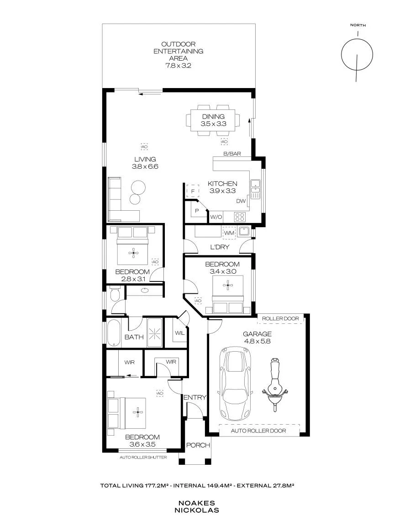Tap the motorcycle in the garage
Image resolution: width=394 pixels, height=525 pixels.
[275, 385]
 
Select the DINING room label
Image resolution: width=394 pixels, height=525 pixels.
[213, 116]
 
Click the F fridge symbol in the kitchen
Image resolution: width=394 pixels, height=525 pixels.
[193, 192]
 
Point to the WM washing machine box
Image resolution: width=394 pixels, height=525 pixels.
[229, 233]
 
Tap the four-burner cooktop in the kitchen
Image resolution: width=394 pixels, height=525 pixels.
[240, 217]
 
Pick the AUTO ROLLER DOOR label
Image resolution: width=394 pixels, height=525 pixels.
[258, 431]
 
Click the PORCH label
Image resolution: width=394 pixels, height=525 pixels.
[198, 445]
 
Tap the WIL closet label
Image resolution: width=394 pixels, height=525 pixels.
[179, 333]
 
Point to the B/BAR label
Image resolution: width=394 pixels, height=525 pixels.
[232, 154]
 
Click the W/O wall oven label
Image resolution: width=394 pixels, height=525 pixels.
[216, 217]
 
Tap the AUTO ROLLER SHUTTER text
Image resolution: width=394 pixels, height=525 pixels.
[143, 457]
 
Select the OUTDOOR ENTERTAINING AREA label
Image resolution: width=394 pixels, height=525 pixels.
[178, 51]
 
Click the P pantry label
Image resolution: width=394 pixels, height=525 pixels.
[197, 211]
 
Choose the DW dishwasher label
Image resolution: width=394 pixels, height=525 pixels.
[241, 201]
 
